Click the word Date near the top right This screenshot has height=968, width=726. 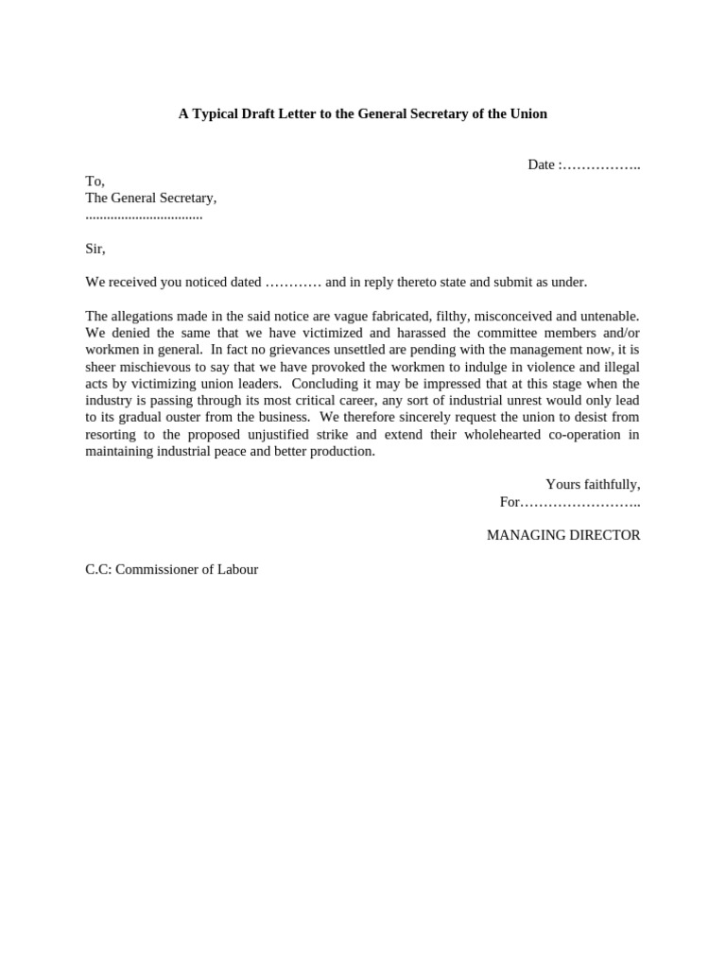point(541,164)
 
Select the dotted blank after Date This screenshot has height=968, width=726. point(601,165)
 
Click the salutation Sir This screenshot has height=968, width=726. point(95,249)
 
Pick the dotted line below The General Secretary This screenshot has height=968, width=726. point(144,216)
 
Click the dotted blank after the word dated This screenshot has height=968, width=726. point(293,283)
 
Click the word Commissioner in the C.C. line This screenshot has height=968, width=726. point(160,569)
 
